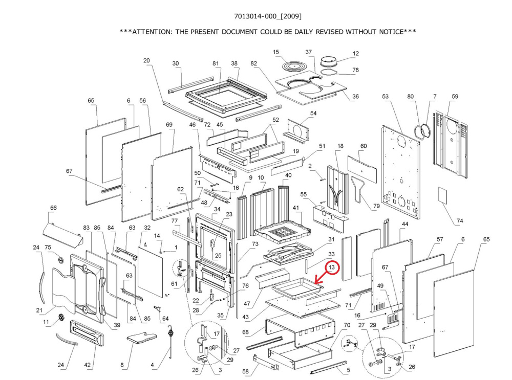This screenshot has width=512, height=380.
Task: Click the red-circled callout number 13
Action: click(x=332, y=267)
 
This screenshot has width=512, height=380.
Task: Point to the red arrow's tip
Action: click(x=315, y=283)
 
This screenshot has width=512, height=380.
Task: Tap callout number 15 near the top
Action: click(x=276, y=53)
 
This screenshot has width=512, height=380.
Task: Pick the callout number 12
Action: click(x=356, y=53)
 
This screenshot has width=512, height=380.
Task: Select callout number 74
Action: click(x=460, y=221)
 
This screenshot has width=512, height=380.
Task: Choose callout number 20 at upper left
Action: click(x=146, y=61)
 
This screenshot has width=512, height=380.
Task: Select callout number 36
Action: click(x=356, y=97)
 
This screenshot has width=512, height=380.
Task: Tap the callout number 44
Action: click(x=405, y=225)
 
